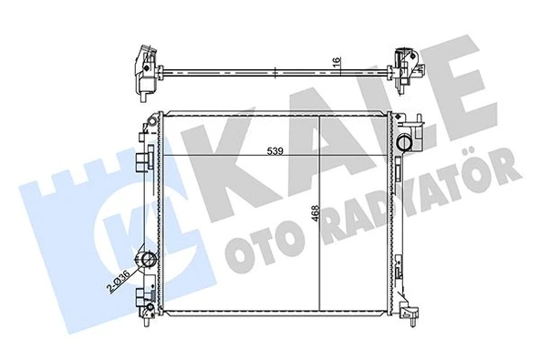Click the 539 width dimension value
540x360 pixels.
[x=275, y=150]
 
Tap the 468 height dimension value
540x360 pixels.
[x=316, y=216]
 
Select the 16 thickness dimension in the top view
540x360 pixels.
[x=337, y=59]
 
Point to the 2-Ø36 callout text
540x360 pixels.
[x=119, y=282]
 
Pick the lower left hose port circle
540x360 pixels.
[x=149, y=259]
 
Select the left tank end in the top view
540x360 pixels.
[x=146, y=73]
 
